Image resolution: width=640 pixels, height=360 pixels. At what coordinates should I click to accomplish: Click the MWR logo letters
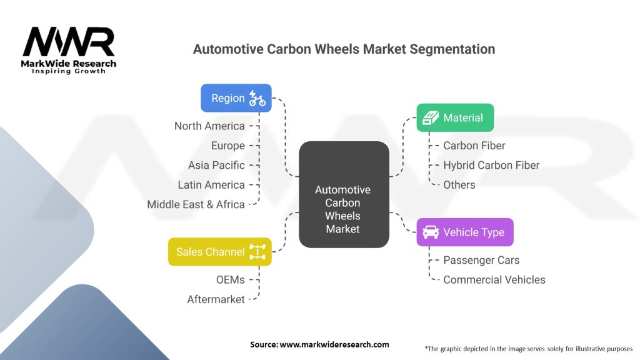[x=69, y=42]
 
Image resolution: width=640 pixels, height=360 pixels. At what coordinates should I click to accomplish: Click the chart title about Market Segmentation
[x=344, y=49]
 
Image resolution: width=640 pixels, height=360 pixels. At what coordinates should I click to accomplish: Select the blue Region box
[x=236, y=98]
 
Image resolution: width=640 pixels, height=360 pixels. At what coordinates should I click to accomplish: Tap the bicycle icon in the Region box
[x=257, y=98]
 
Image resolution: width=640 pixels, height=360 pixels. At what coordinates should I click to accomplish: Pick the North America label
[x=209, y=126]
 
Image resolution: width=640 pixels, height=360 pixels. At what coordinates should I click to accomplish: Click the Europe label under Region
[x=227, y=146]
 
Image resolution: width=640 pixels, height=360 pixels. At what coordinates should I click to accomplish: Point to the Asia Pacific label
[x=216, y=166]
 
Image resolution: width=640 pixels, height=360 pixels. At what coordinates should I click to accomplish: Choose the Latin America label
[x=211, y=185]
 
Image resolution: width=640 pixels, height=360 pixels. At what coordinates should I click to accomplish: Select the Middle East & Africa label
[x=196, y=204]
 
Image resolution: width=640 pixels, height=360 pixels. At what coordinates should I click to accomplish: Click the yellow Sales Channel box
[x=219, y=252]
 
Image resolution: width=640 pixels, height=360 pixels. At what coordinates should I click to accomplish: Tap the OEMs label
[x=229, y=280]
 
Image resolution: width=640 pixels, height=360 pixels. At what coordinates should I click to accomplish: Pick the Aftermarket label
[x=216, y=299]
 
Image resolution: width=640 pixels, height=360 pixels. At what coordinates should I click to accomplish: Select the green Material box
[x=455, y=117]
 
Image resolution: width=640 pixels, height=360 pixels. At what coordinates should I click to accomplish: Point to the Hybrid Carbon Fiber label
[x=491, y=166]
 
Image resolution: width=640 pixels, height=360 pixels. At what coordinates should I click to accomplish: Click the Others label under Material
[x=459, y=185]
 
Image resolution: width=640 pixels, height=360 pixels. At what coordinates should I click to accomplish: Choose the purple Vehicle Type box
[x=465, y=232]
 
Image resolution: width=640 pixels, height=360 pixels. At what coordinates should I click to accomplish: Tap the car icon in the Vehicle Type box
[x=431, y=232]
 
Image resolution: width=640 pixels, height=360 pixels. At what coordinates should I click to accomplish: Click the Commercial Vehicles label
[x=494, y=280]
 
